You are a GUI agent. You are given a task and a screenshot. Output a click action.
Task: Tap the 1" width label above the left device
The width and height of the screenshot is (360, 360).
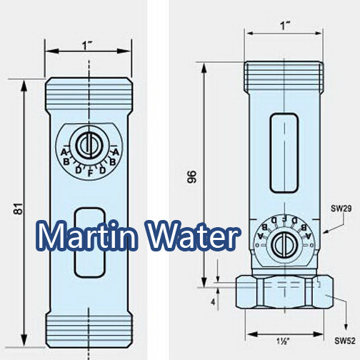pos(89,44)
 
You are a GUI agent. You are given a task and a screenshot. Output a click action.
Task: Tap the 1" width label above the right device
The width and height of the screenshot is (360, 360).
pos(284,26)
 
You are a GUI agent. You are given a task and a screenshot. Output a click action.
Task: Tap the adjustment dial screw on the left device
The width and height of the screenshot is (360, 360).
pos(89,144)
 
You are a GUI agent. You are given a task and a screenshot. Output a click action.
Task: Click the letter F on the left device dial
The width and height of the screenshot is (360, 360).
pos(89,172)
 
